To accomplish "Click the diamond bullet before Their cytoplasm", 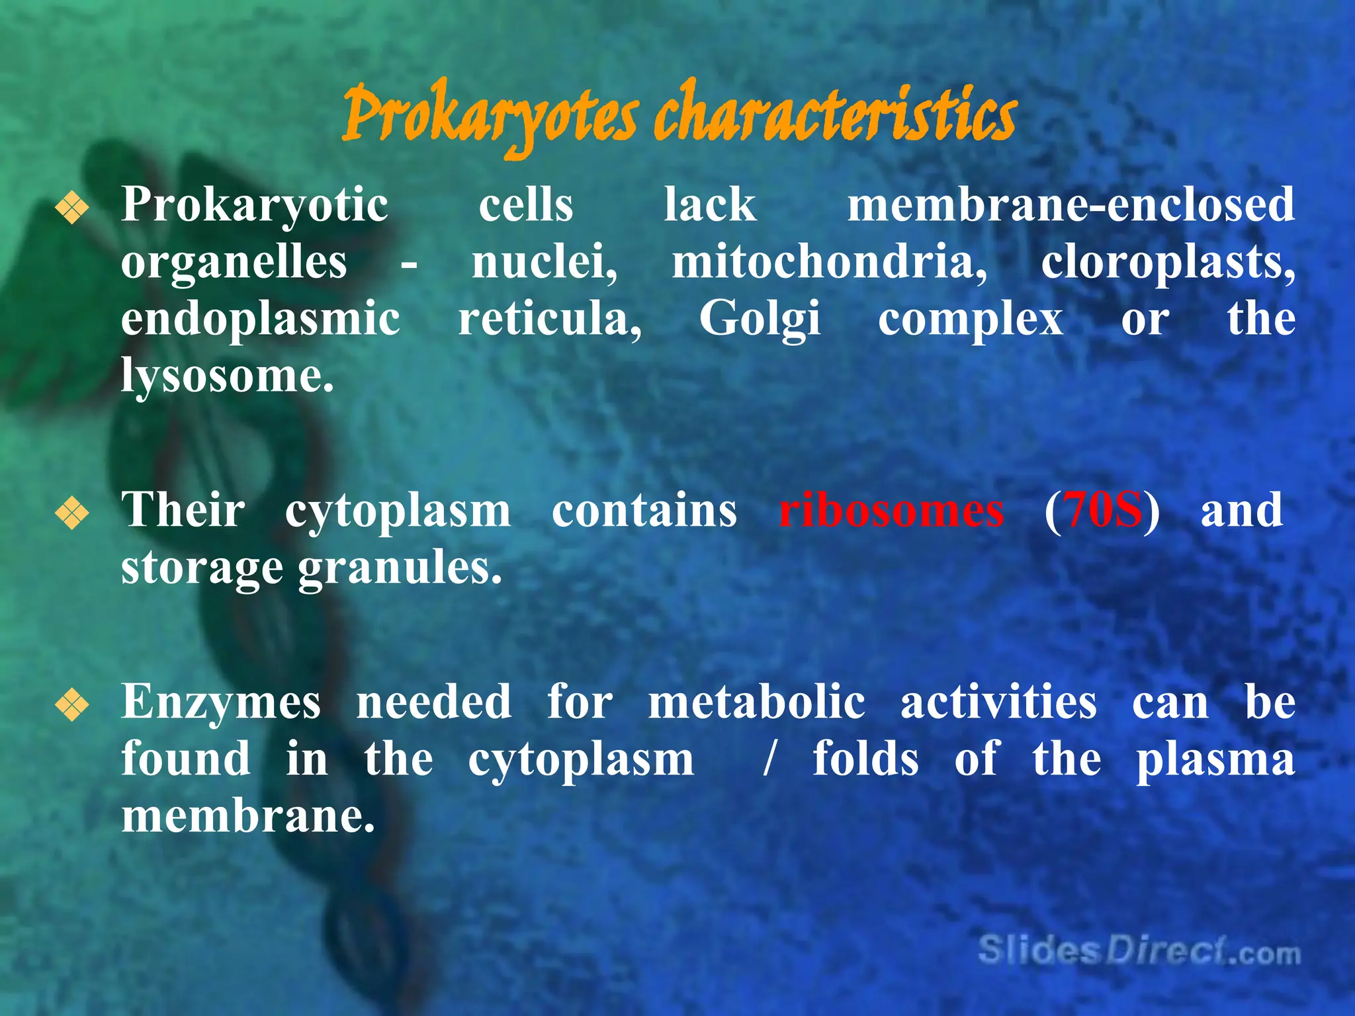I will point(72,514).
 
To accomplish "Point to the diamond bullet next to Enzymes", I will point(72,705).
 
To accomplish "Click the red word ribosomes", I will point(891,511).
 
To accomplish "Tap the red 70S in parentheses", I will point(1104,511).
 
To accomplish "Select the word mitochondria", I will point(829,263).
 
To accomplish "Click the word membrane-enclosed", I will point(1071,204).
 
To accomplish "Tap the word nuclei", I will point(545,263).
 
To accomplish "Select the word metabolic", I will point(756,702).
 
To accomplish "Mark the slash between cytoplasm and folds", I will point(769,759).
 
